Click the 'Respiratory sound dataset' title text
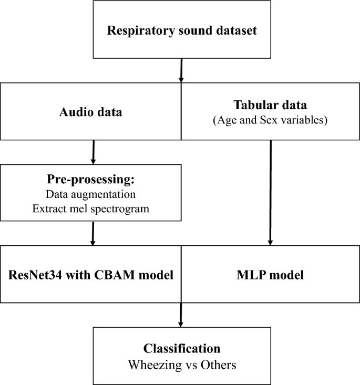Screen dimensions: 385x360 pos(182,30)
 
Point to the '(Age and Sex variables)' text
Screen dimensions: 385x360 pos(271,120)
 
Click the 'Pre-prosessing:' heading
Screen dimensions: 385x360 pos(92,180)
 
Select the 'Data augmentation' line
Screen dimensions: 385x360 pos(92,194)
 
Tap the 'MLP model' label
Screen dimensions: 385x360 pos(271,275)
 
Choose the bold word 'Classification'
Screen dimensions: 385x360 pos(182,348)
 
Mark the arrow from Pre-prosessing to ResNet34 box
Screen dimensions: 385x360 pos(93,233)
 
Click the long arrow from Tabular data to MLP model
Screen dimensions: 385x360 pos(270,192)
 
